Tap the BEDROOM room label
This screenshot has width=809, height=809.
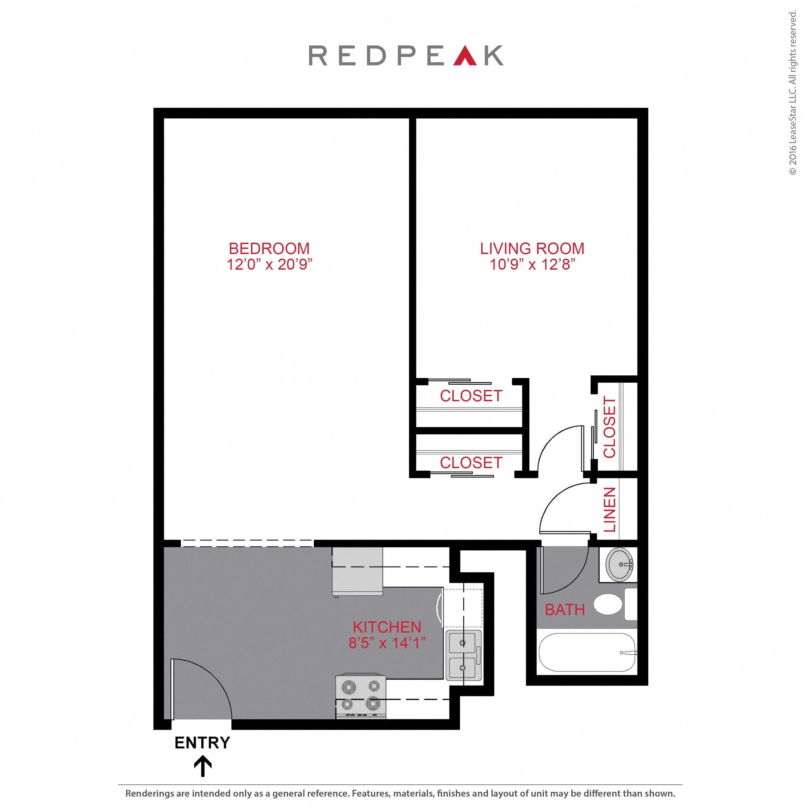coord(269,248)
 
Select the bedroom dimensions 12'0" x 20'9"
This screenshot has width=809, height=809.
coord(269,264)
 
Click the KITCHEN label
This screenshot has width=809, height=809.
coord(387,627)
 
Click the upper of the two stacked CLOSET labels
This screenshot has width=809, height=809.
coord(471,396)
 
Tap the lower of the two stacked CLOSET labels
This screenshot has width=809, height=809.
coord(471,463)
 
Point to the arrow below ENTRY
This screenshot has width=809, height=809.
coord(203,766)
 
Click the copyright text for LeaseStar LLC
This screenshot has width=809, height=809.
coord(793,93)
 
